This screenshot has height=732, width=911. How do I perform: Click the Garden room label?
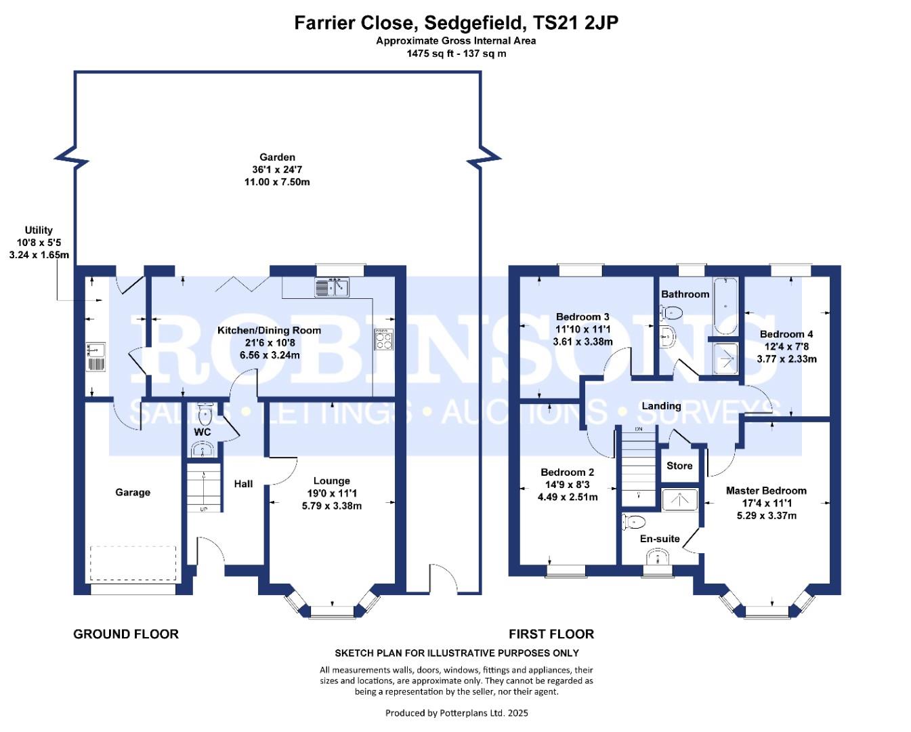[x=277, y=157]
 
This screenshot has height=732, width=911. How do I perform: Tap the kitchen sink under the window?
[x=332, y=287]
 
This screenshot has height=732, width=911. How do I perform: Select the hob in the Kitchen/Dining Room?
[x=383, y=340]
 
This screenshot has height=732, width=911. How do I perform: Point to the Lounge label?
[x=331, y=481]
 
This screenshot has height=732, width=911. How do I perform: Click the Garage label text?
[x=133, y=492]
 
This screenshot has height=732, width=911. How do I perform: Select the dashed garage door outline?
[x=133, y=563]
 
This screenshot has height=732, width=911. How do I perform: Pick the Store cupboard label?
[x=679, y=466]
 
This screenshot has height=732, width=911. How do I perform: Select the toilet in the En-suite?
[x=634, y=522]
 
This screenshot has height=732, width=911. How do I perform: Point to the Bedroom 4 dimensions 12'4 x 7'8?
[x=786, y=346]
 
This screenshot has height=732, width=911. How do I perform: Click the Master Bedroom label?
[x=766, y=490]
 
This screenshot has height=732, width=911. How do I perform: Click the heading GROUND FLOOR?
[x=126, y=634]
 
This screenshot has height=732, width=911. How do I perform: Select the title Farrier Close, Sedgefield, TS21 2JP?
[x=456, y=23]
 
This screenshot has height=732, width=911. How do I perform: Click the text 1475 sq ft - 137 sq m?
[x=456, y=54]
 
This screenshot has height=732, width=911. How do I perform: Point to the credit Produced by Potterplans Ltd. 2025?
[x=457, y=712]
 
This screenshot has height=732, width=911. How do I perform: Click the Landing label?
[x=661, y=405]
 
